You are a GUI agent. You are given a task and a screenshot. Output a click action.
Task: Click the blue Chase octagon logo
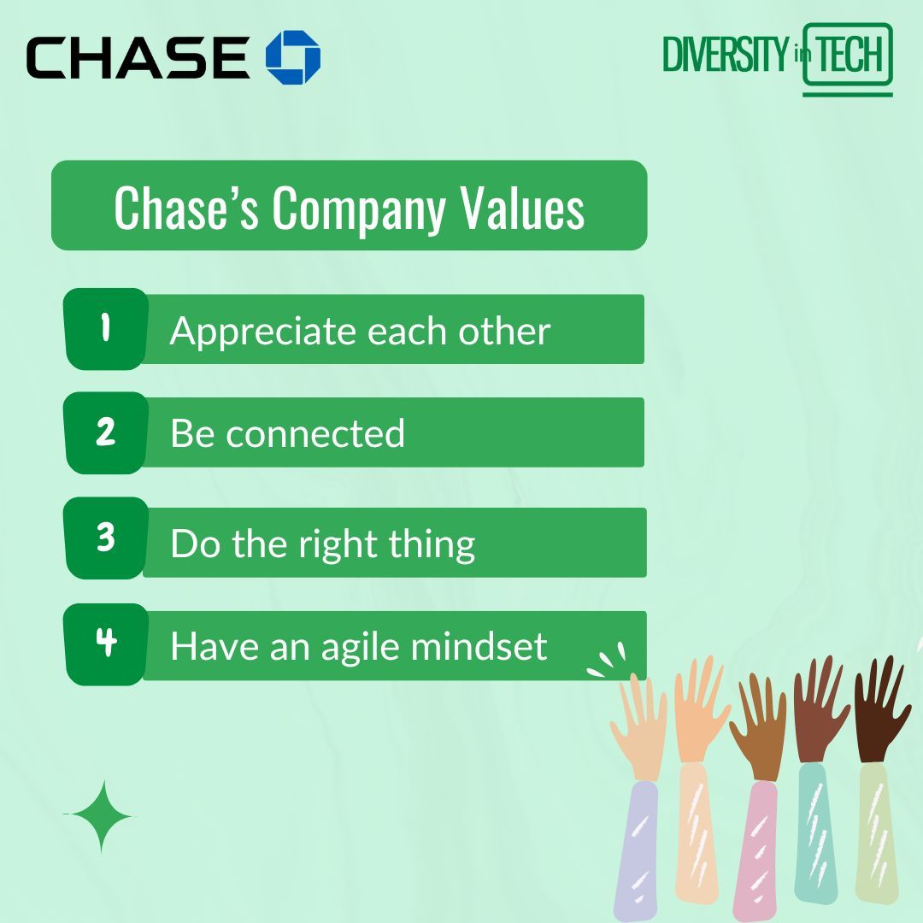tap(293, 57)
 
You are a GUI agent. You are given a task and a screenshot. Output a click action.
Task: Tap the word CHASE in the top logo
tap(137, 58)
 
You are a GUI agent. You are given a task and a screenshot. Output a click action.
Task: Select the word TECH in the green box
tap(848, 56)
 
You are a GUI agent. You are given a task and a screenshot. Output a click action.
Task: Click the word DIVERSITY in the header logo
tap(724, 56)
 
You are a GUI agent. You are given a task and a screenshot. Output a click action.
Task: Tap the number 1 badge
tap(106, 329)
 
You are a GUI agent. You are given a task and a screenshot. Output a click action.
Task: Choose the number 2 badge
tap(106, 432)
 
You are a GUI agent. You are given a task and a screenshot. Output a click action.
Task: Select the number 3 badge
tap(106, 538)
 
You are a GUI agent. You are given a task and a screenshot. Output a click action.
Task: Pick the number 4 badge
tap(106, 644)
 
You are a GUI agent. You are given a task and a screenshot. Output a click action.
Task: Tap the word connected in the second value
tap(315, 433)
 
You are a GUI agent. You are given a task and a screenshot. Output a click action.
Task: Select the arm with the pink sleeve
tap(755, 846)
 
